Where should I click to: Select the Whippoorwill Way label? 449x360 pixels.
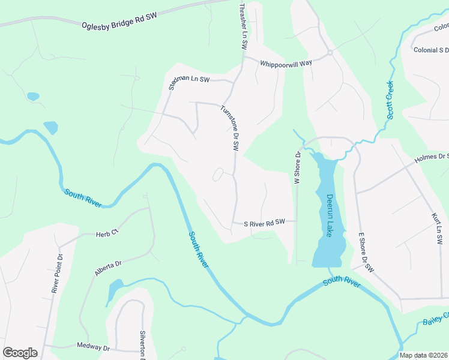286,63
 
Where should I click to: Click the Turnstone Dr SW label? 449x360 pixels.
230,128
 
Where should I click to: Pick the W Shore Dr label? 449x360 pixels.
297,167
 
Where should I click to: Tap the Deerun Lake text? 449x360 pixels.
330,215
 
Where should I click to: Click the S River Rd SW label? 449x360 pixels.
264,222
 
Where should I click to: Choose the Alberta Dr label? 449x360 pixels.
108,268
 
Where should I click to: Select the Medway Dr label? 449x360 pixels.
94,347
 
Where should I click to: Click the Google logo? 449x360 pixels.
20,353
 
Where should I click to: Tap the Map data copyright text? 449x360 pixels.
423,355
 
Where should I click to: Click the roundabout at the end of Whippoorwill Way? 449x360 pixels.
330,53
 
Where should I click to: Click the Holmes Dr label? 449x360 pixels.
431,158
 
